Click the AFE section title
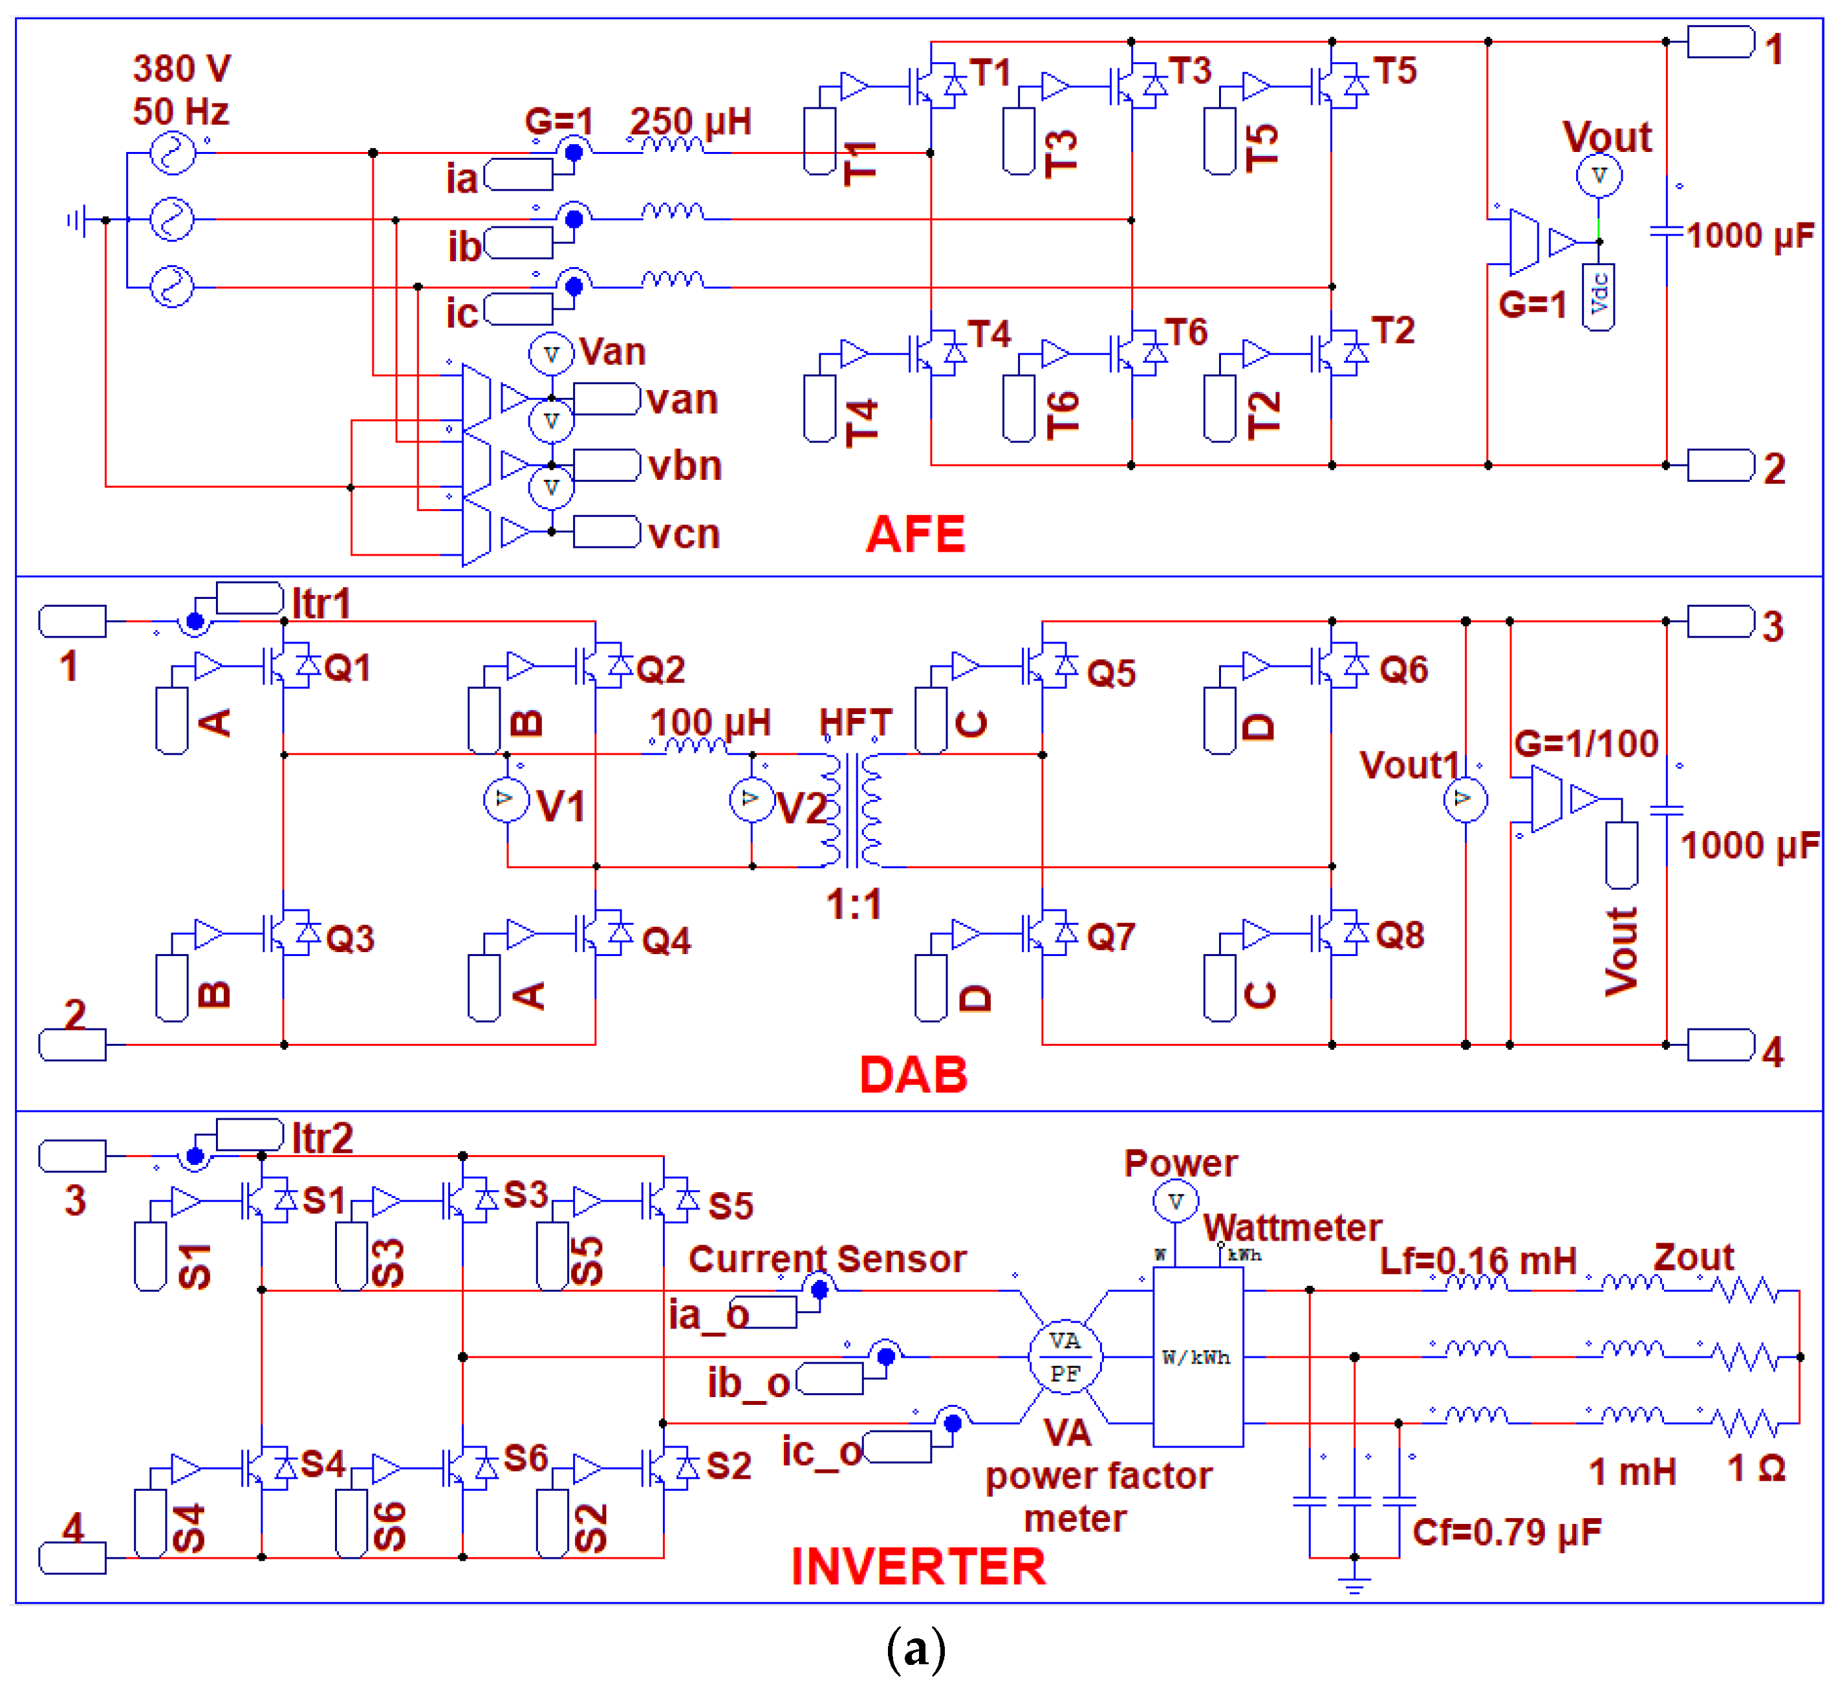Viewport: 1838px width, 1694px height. point(915,534)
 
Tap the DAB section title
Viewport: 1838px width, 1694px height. point(913,1074)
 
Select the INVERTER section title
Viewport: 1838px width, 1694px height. point(918,1566)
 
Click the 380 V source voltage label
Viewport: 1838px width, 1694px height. point(182,69)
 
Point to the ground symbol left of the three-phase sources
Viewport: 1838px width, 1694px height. point(77,220)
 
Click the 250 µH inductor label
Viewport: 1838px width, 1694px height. point(689,121)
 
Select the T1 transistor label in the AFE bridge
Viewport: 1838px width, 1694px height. point(990,72)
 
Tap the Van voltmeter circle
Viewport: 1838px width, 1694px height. point(551,354)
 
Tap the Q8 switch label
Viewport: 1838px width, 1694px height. point(1400,935)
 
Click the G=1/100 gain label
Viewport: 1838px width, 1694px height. point(1586,743)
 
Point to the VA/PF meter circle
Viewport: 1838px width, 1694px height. point(1065,1356)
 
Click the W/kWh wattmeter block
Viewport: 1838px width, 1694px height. point(1197,1356)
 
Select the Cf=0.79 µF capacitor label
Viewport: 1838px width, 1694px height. point(1506,1532)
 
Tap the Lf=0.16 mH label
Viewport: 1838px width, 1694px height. point(1477,1261)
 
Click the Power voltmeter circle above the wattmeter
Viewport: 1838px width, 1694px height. point(1175,1201)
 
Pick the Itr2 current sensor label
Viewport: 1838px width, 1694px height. point(322,1138)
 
